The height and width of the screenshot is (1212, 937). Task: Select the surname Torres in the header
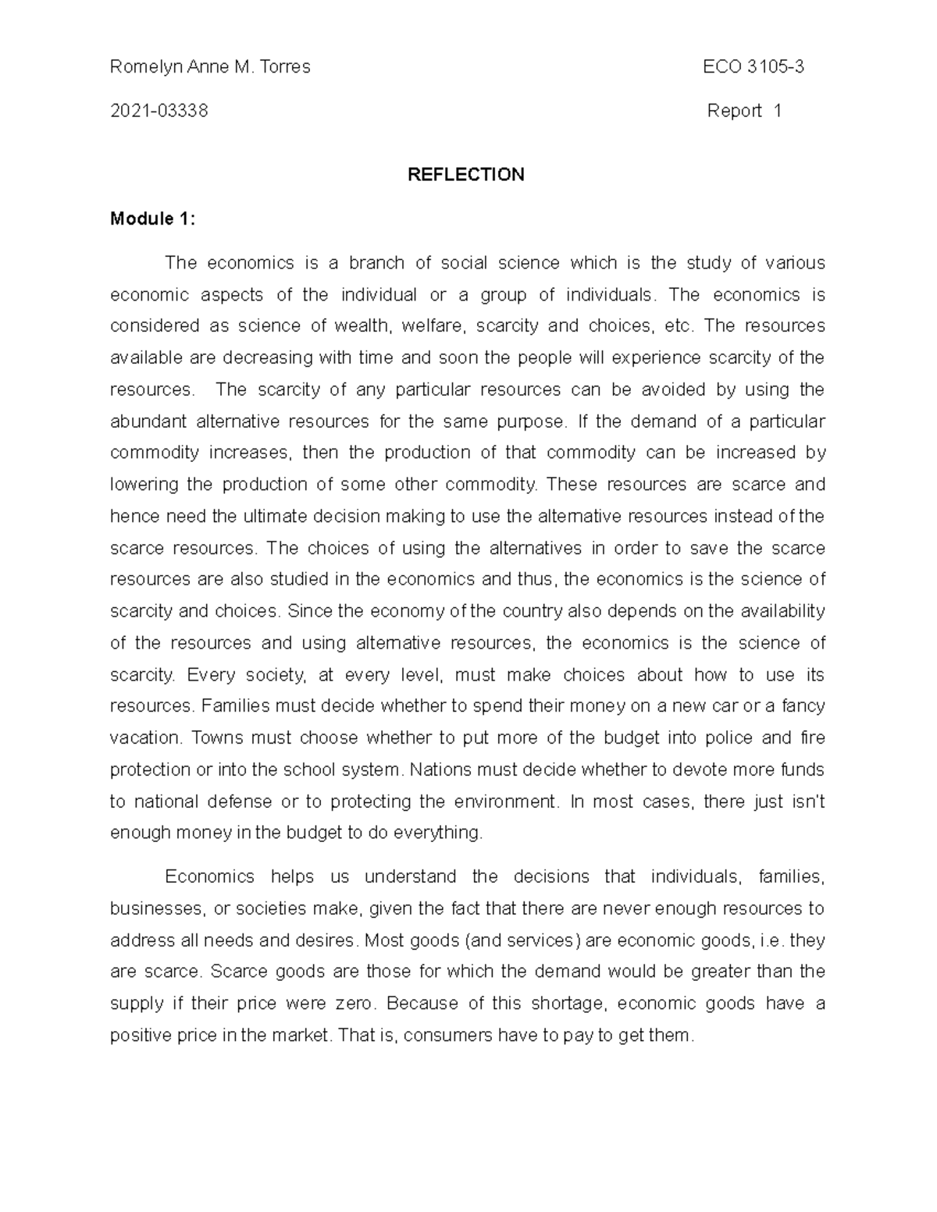(285, 67)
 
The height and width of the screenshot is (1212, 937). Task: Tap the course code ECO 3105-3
(753, 67)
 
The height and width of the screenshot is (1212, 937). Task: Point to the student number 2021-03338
(159, 111)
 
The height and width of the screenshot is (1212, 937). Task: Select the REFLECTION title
(466, 175)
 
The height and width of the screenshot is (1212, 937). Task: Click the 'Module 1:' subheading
(152, 219)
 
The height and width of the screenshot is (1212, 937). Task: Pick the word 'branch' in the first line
(376, 263)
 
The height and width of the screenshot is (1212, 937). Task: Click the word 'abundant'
(148, 422)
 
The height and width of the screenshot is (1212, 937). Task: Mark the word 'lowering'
(144, 485)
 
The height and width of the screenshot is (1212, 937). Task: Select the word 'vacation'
(145, 738)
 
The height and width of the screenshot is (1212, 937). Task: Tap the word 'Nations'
(441, 770)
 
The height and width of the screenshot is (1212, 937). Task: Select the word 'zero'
(356, 1004)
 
